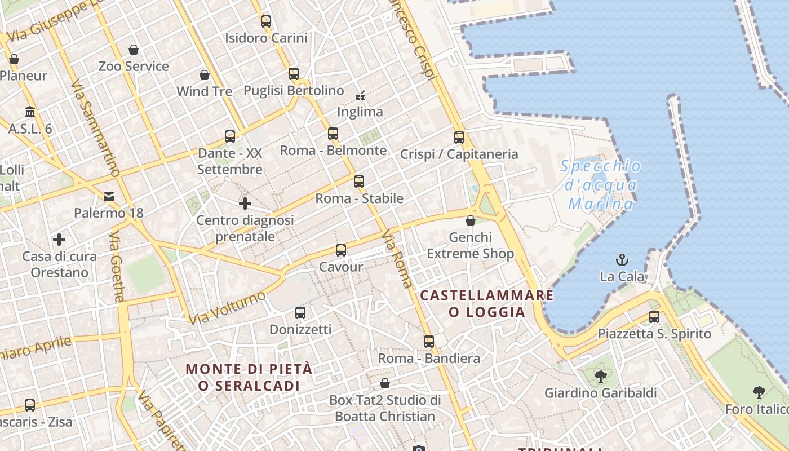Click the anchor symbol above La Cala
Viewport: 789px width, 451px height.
coord(622,260)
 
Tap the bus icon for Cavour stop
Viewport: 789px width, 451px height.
coord(341,250)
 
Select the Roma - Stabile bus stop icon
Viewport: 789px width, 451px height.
coord(359,182)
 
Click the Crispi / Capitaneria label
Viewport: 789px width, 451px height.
coord(459,154)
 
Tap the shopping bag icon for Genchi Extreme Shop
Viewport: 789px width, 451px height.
coord(471,220)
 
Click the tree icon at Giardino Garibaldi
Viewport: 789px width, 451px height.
coord(600,376)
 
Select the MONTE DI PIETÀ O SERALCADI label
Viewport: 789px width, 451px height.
coord(249,377)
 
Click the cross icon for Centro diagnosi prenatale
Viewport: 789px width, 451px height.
coord(245,204)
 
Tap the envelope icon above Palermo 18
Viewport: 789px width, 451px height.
coord(109,197)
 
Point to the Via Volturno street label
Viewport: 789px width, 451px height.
coord(227,308)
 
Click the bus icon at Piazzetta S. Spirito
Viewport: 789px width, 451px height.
coord(654,317)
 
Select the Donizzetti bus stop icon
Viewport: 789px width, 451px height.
coord(300,313)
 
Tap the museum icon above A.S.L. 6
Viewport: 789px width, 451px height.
coord(30,112)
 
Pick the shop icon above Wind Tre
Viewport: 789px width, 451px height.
coord(205,75)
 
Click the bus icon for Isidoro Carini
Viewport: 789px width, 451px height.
coord(266,21)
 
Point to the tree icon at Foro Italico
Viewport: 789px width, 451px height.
coord(759,392)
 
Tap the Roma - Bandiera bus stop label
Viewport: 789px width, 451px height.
coord(429,358)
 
